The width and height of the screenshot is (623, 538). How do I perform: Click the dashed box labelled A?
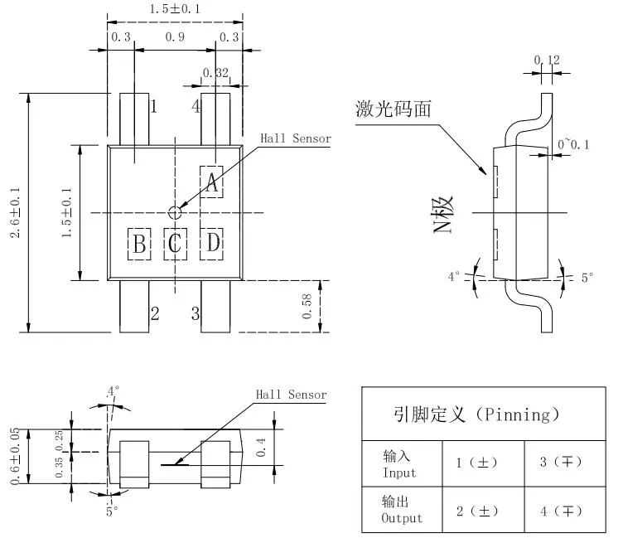212,182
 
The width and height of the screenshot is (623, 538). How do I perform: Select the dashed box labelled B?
139,244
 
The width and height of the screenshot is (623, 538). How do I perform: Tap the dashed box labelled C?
175,244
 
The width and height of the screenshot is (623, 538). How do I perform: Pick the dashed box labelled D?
213,244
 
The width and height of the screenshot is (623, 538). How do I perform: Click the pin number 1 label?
154,106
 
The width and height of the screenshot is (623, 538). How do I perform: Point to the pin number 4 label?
196,106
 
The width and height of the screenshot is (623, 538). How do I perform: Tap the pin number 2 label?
154,313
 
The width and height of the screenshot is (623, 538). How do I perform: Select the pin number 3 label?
196,313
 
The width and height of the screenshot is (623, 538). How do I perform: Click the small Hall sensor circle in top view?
175,212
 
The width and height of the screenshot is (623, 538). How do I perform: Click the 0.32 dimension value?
215,73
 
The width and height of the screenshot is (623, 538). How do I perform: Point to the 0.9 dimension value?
175,36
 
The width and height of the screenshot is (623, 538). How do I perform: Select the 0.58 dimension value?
307,306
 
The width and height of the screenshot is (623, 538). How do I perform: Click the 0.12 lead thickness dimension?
547,60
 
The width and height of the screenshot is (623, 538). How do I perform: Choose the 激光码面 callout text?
394,109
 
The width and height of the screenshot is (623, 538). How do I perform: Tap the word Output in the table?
402,518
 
